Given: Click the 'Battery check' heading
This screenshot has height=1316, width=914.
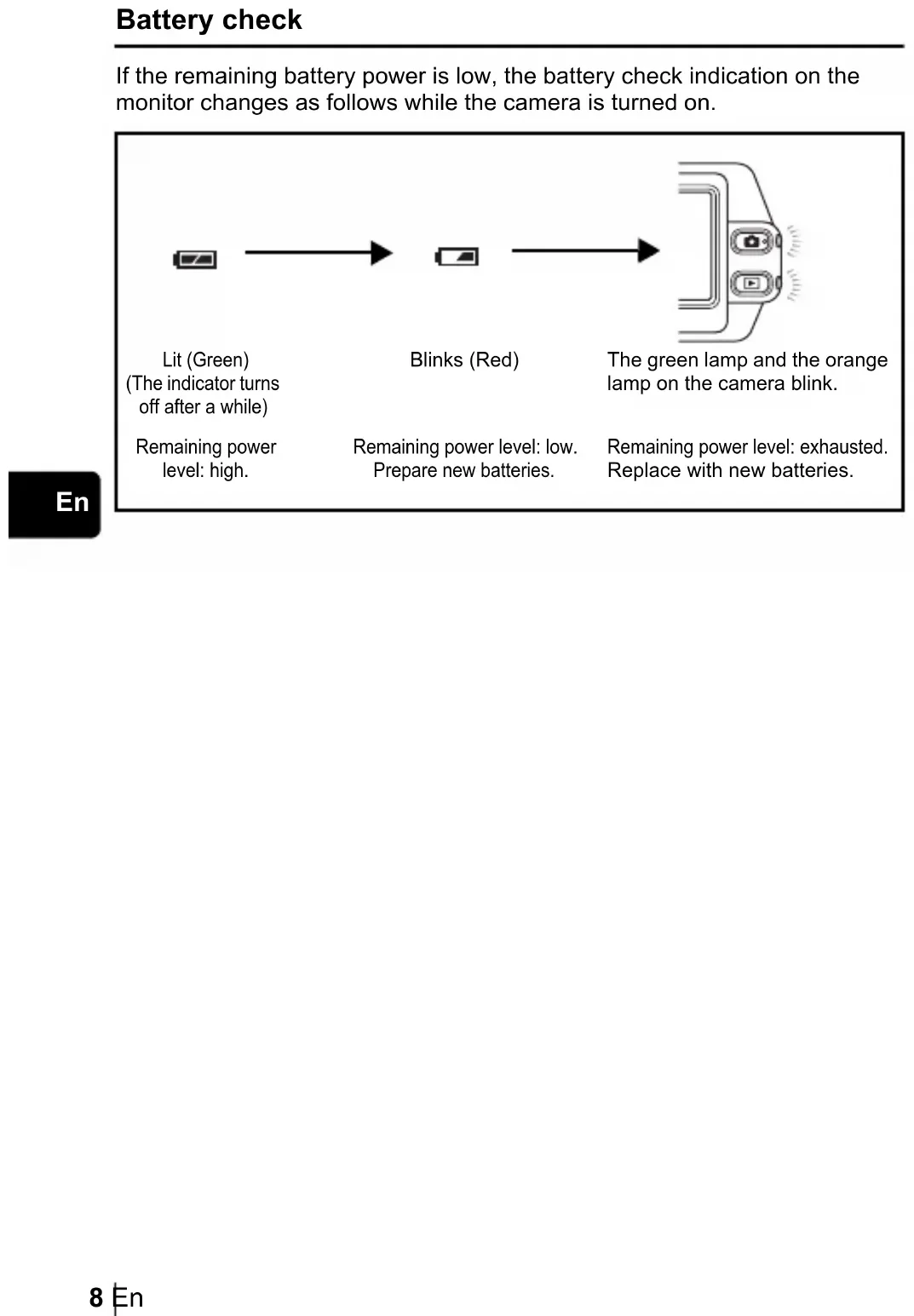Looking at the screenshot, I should point(209,20).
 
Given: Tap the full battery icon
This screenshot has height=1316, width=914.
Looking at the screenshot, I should point(195,259).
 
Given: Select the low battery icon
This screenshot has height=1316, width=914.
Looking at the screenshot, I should point(457,256).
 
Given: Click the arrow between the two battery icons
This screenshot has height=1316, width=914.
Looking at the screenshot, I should point(318,253).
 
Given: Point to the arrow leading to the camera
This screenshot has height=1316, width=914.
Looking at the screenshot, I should point(585,250).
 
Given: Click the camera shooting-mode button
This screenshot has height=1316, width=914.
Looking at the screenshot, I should point(751,242).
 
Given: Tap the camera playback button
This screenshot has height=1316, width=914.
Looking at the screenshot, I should point(751,283).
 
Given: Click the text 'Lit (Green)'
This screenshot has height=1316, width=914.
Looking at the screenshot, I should point(205,360).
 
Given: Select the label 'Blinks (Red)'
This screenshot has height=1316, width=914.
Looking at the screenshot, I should point(464,360).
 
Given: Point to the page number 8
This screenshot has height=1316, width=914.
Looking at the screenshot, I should point(96,1297).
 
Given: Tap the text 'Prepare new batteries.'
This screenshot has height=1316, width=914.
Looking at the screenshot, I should point(463,470).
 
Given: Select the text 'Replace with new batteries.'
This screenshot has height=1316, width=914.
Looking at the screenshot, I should point(730,470).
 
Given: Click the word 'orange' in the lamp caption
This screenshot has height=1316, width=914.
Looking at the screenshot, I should point(856,360).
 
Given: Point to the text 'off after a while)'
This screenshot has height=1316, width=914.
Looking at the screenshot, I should point(204,407).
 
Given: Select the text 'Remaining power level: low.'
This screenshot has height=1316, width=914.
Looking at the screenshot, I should point(465,447).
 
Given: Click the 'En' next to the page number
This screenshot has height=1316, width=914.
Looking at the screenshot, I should point(129,1297).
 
